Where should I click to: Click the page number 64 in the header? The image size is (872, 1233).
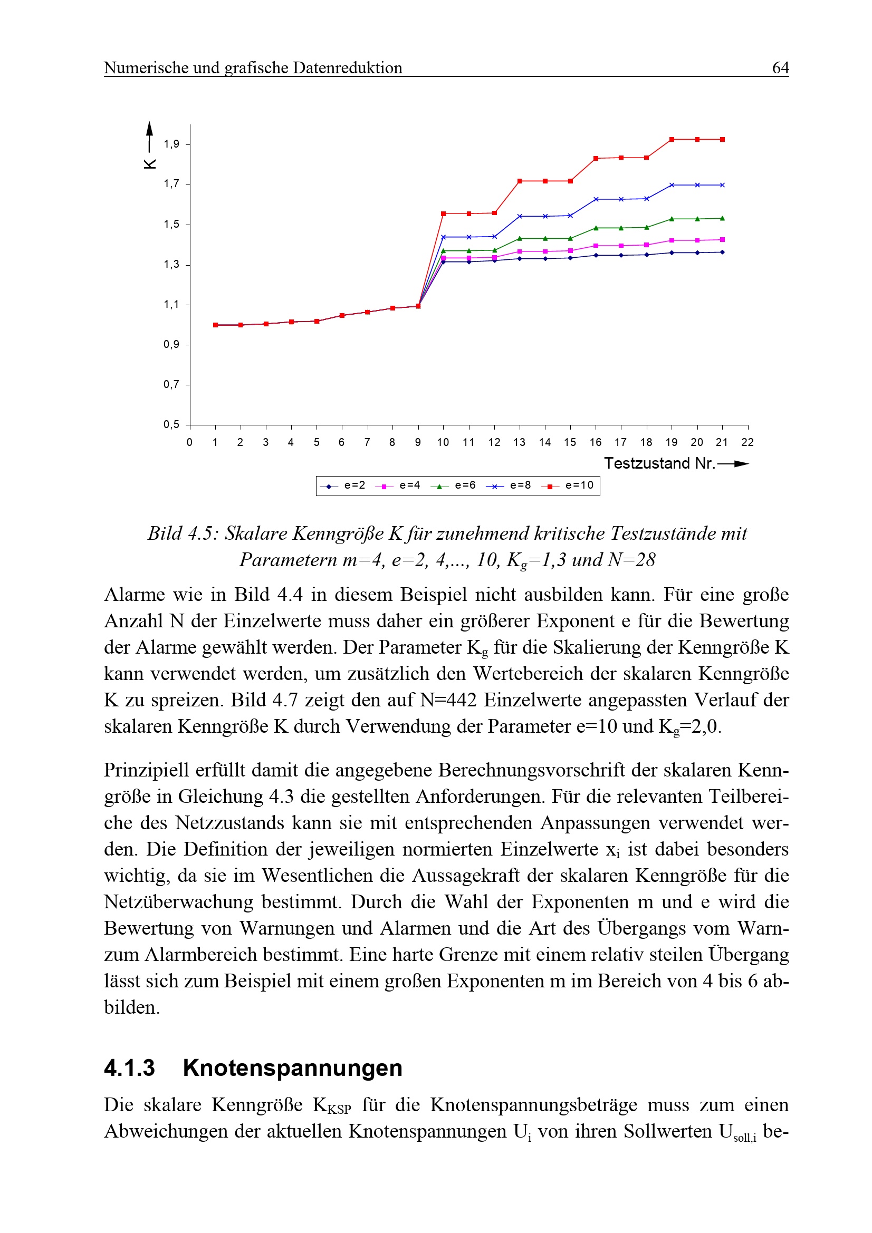click(x=780, y=67)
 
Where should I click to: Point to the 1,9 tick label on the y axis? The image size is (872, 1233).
click(x=171, y=144)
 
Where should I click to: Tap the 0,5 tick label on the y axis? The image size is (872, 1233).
click(x=171, y=425)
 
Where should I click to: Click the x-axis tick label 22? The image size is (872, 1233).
click(x=748, y=442)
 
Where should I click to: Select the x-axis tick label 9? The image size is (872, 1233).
click(x=418, y=442)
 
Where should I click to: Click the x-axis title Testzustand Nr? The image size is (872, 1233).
click(x=659, y=463)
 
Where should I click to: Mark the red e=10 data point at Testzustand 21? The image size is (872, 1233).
click(x=723, y=140)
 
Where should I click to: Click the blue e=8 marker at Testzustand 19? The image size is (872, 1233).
click(x=672, y=185)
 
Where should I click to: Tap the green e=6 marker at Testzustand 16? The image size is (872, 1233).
click(x=596, y=228)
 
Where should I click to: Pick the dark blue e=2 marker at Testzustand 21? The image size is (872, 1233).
click(x=723, y=253)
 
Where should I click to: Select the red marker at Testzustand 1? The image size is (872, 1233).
click(x=215, y=325)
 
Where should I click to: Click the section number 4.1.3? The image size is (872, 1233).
click(x=129, y=1068)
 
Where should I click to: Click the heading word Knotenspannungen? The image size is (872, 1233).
click(x=292, y=1068)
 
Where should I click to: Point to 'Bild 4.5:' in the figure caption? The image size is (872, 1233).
click(x=183, y=534)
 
